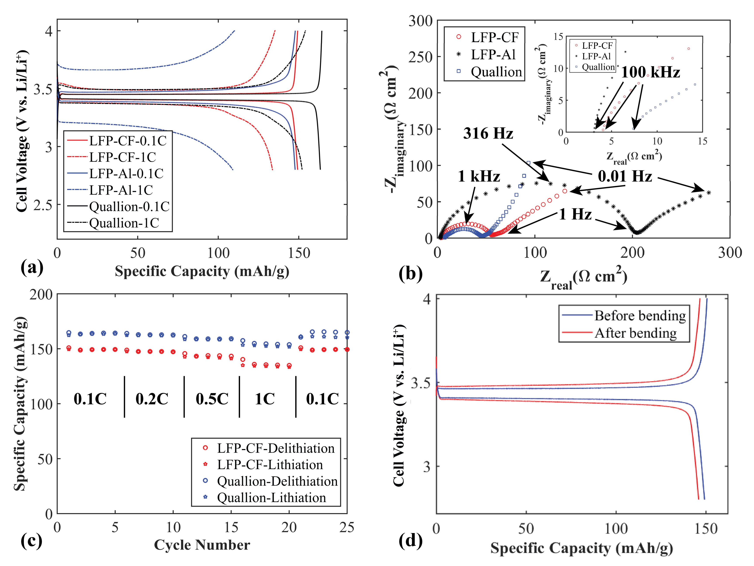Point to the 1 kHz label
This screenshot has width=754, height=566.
click(479, 176)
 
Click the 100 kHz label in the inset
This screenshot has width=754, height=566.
click(650, 72)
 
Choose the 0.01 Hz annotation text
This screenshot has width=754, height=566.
click(625, 176)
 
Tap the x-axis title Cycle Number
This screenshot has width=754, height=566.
click(202, 545)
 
